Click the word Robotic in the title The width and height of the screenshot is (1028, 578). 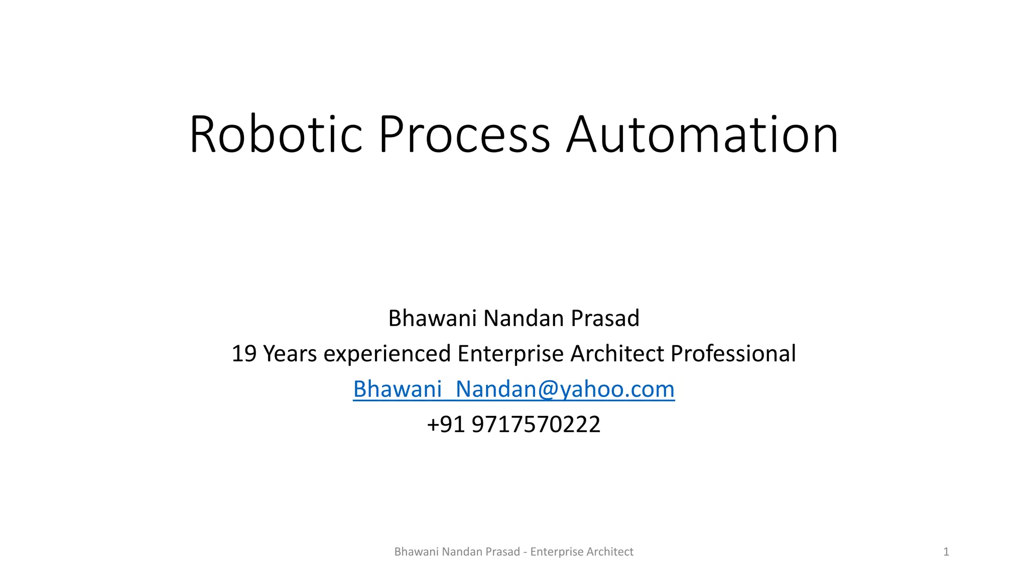point(276,134)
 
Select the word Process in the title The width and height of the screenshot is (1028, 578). point(464,134)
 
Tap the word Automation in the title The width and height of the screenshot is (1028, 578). point(702,134)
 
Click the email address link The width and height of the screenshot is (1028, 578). point(513,389)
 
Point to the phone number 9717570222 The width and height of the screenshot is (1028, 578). point(536,424)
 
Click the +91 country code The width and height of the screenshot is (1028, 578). point(446,424)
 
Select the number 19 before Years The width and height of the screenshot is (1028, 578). point(244,354)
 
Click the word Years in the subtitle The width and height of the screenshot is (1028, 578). point(290,354)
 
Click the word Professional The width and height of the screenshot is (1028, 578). point(733,354)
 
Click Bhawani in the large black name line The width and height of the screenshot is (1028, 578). point(432,318)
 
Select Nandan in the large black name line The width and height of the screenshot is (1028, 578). point(524,318)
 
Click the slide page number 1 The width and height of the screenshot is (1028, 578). point(946,552)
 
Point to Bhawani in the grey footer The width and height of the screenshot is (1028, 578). point(416,552)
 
